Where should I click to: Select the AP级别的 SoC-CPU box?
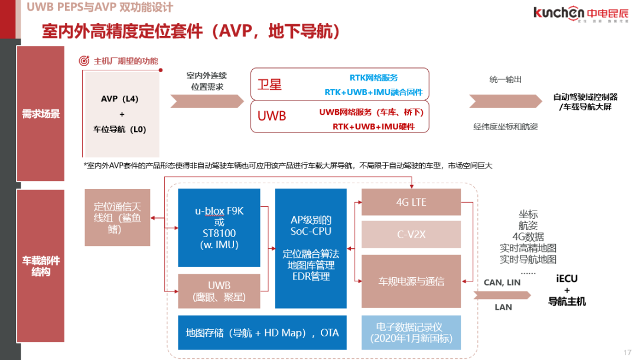coord(311,248)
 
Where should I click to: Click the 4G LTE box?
coord(411,203)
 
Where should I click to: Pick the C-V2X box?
coord(411,235)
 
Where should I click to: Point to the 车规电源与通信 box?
coord(411,281)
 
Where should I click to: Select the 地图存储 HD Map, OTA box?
coord(262,333)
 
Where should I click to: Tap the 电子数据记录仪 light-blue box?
coord(411,333)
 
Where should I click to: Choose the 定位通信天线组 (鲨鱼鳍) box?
coord(117,217)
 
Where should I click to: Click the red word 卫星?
coord(270,85)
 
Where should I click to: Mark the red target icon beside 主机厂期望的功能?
coord(84,61)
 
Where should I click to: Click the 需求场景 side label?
coord(41,113)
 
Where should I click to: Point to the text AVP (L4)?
coord(120,99)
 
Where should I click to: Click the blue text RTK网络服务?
coord(373,78)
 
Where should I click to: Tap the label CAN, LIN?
coord(502,283)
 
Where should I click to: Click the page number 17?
coord(627,352)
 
